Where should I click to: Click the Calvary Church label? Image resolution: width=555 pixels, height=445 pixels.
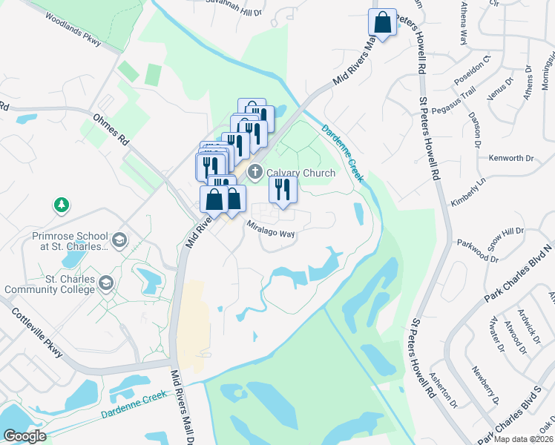(301, 173)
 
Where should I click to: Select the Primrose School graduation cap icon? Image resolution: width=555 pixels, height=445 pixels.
(119, 240)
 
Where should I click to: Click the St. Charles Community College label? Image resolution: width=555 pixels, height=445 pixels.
(49, 284)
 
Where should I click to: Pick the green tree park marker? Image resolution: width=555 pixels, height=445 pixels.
(61, 204)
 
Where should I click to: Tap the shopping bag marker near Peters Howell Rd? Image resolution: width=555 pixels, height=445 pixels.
(382, 23)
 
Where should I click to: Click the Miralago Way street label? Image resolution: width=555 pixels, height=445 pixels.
(272, 232)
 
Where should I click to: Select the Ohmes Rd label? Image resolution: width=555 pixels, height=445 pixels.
(111, 129)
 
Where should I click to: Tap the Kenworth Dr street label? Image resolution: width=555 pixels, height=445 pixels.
(511, 158)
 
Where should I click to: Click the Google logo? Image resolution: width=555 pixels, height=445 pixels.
(25, 436)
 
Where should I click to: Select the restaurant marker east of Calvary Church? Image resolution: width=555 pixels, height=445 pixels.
(282, 190)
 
